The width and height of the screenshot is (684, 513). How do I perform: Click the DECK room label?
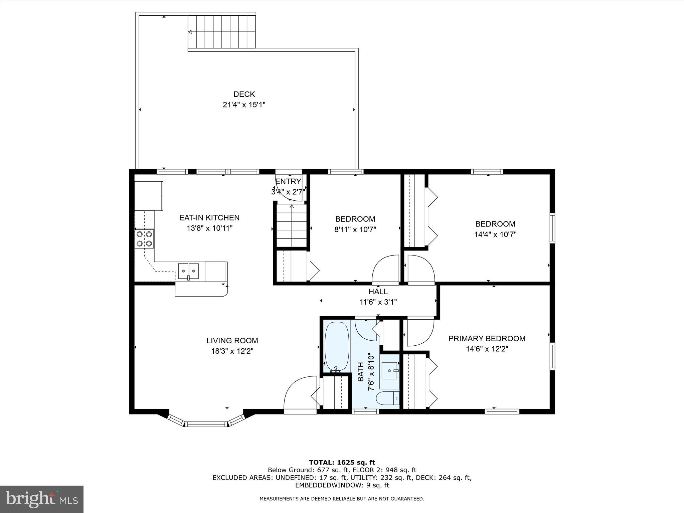coord(244,94)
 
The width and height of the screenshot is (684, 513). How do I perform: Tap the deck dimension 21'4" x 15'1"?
coord(244,105)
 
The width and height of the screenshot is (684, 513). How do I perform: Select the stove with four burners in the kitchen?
coord(145,239)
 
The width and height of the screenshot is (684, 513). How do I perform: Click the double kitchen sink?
coord(188,271)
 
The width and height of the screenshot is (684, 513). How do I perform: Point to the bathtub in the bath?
coord(337,346)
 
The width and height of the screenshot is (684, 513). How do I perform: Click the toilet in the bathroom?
coord(387,398)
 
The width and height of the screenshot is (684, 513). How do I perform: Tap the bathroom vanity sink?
coord(390,370)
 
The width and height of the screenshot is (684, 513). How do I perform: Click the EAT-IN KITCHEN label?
coord(209,218)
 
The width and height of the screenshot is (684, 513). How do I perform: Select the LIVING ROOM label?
coord(232,341)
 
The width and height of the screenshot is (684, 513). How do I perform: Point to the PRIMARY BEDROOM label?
coord(487,339)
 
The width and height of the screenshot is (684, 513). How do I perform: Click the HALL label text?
coord(378,292)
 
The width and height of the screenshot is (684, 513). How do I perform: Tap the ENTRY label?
coord(288,181)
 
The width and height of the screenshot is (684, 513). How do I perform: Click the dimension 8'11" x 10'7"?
coord(355,230)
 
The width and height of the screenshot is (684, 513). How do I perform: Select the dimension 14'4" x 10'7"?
coord(495,234)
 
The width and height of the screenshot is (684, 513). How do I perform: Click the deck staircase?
coord(221,32)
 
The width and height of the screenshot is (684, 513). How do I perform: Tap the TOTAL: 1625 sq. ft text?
coord(342,463)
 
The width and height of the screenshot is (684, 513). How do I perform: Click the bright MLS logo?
coord(41,499)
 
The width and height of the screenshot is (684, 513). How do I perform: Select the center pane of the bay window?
coord(206,424)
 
